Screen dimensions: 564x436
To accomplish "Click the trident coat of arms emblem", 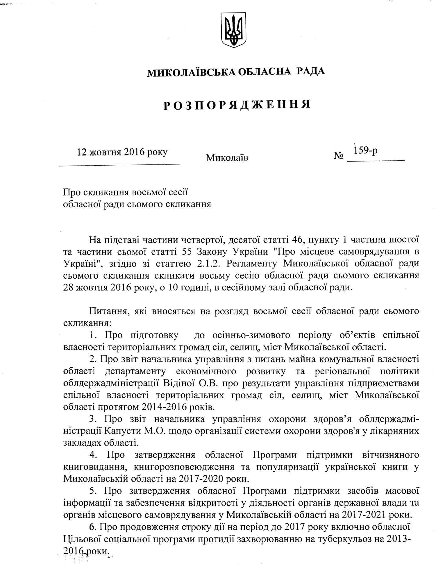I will (x=234, y=30).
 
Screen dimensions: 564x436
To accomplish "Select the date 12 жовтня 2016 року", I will (x=122, y=152).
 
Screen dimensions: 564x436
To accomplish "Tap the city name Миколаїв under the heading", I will (x=227, y=158).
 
